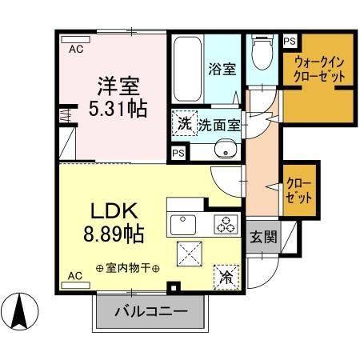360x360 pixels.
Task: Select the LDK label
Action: [115, 212]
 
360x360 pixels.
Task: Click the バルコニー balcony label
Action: [150, 311]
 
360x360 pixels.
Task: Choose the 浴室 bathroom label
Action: [222, 69]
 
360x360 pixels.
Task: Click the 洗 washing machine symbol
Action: [184, 123]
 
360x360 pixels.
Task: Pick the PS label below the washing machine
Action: [178, 151]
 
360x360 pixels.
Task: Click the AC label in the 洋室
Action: [74, 49]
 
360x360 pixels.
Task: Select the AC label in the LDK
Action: [74, 275]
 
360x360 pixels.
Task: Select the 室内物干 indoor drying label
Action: [127, 268]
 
